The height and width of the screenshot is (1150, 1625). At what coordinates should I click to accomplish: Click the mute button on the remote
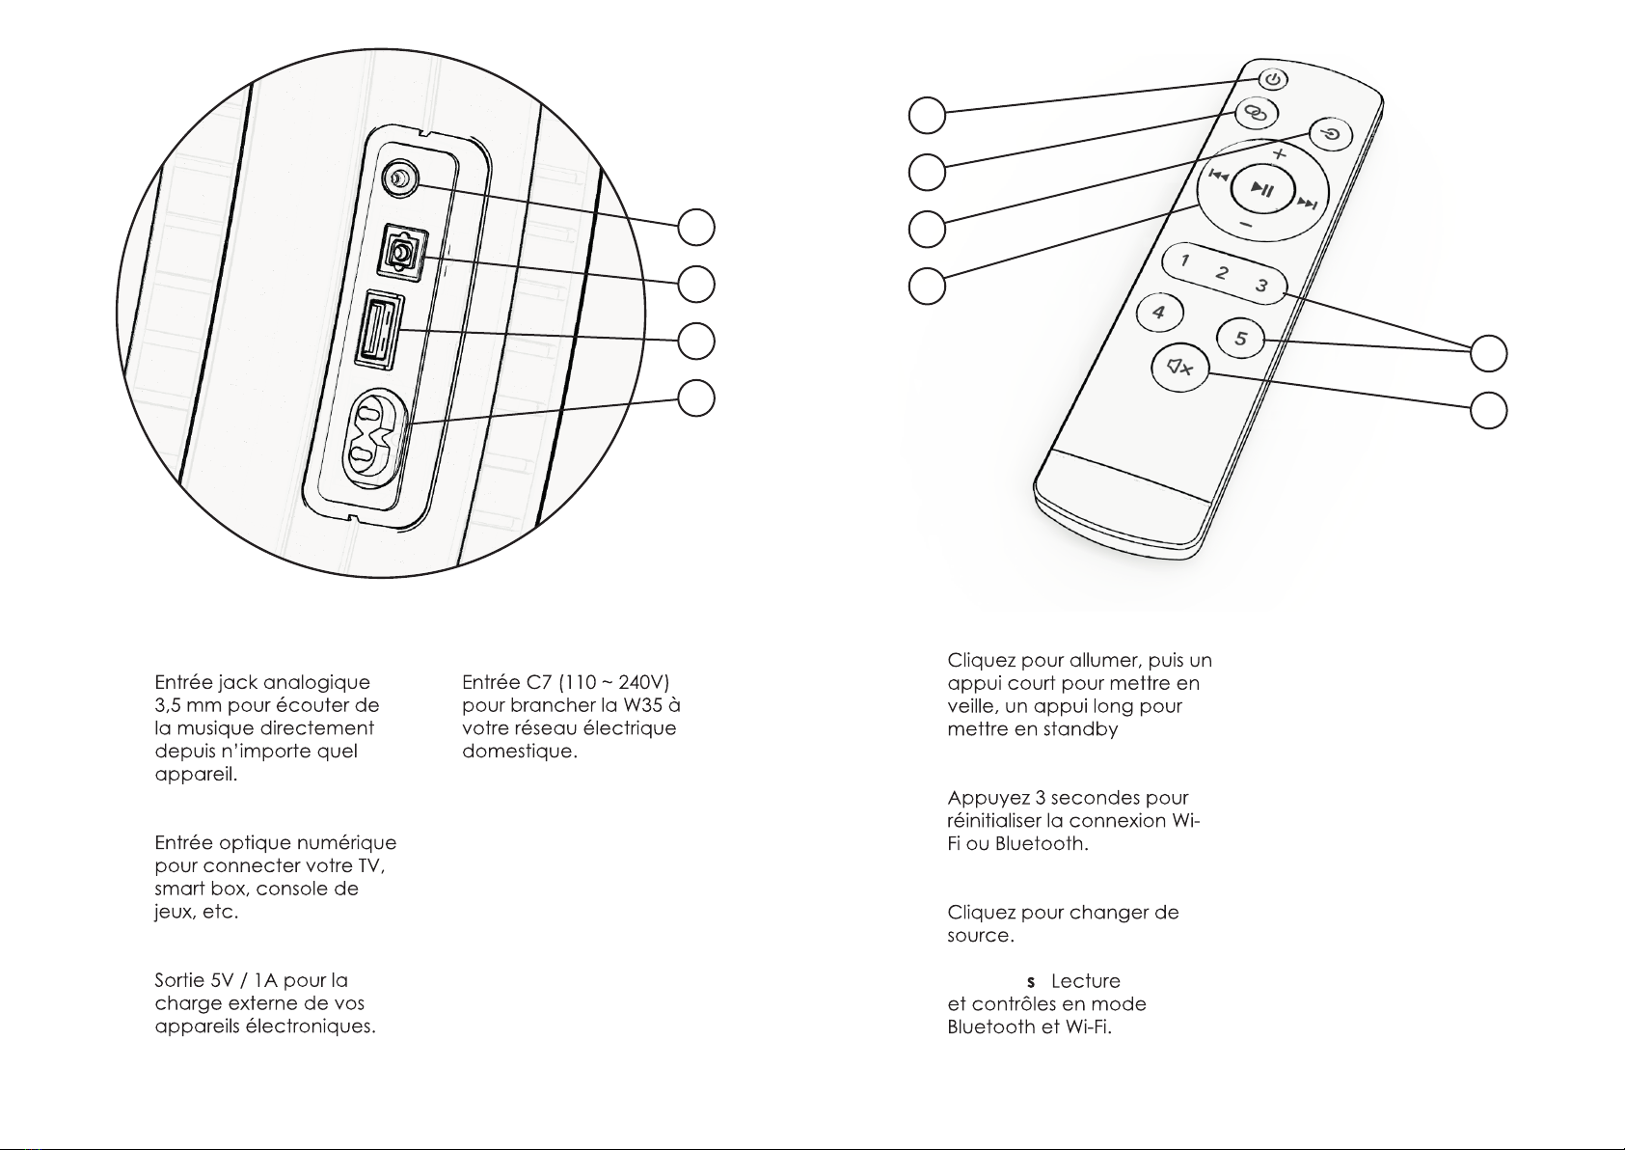coord(1180,368)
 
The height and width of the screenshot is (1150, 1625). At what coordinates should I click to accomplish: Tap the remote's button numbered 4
coord(1159,312)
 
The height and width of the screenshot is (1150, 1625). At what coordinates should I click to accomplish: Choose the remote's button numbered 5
coord(1240,338)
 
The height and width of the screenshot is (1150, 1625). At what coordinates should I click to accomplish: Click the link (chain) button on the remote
coord(1257,113)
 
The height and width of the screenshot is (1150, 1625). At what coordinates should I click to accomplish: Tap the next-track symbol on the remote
coord(1308,204)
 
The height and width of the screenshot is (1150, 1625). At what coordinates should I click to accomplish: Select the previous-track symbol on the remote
coord(1218,176)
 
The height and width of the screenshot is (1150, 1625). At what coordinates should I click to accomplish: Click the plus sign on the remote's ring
coord(1280,153)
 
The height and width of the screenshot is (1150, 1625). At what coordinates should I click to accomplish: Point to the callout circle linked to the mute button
coord(1489,411)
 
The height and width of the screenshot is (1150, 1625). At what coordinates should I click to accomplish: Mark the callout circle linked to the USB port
coord(696,341)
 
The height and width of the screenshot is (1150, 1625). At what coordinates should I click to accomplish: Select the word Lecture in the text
coord(1086,981)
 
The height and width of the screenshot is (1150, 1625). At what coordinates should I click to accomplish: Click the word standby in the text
coord(1080,729)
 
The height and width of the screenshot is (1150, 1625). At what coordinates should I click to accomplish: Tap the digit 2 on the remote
coord(1223,273)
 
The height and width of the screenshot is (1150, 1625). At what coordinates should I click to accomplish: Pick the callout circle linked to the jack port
coord(696,227)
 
